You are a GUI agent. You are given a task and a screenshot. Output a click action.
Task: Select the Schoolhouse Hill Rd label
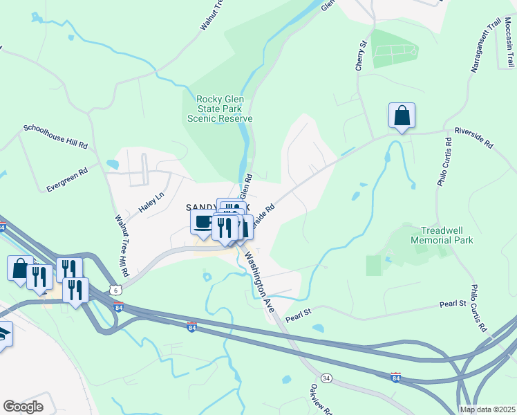[x=55, y=137]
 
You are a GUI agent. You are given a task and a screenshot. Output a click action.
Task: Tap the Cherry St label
[x=361, y=53]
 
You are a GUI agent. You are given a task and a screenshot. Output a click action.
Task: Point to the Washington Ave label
[x=256, y=277]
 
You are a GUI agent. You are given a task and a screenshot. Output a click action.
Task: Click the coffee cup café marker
[x=203, y=222]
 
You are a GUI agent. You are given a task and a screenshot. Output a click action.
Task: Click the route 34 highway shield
[x=327, y=378]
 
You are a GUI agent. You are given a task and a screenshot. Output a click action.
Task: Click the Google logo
[x=23, y=406]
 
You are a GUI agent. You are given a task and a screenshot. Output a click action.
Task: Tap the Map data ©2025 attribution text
[x=487, y=409]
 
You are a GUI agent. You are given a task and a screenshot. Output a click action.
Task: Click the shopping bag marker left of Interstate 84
[x=20, y=267]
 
